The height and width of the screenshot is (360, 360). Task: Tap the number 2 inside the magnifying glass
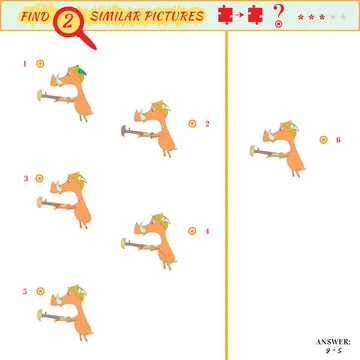[x=70, y=19]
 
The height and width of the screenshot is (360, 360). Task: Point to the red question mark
[x=278, y=15]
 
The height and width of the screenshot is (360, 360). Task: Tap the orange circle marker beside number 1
[x=40, y=64]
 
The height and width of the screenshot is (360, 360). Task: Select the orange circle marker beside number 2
[x=192, y=124]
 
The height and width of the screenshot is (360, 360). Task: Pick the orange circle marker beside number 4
[x=192, y=231]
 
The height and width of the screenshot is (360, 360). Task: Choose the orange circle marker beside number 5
[x=40, y=292]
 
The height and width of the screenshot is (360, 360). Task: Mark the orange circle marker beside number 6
[x=323, y=139]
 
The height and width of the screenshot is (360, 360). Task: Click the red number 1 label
[x=24, y=64]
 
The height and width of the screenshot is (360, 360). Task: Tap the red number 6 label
[x=338, y=139]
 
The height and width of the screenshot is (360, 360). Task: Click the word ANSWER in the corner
[x=332, y=342]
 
